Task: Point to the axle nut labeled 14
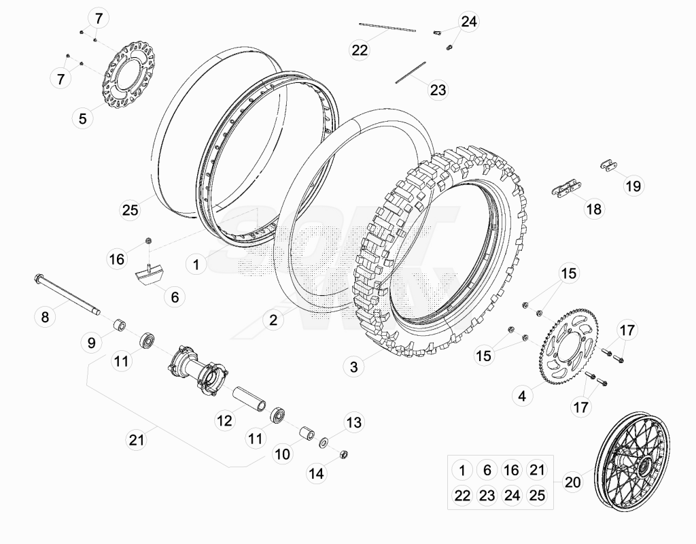343,454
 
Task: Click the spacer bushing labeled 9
119,324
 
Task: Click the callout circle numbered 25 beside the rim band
130,209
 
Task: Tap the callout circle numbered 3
353,367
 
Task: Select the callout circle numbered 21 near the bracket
137,440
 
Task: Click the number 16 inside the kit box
511,470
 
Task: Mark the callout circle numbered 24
469,21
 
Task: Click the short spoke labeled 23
411,72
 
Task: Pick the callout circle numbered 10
282,454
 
